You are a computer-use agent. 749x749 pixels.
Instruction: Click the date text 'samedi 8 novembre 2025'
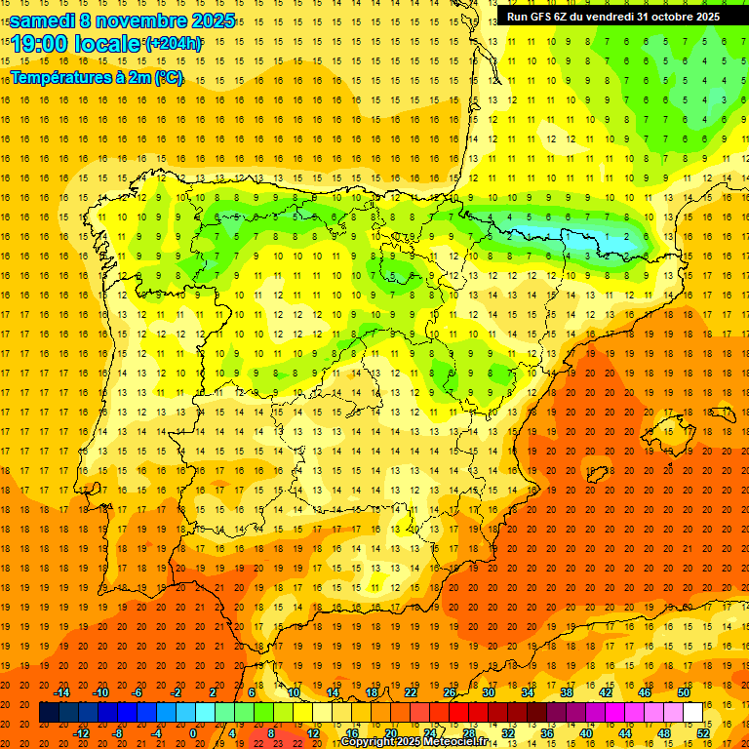pos(122,20)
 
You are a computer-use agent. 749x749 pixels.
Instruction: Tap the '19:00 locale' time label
pos(76,44)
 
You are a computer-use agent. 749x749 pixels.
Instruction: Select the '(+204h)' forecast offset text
pos(173,44)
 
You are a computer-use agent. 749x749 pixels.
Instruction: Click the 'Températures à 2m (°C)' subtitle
pos(97,77)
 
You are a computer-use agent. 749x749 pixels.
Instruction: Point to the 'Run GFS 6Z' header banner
pos(612,17)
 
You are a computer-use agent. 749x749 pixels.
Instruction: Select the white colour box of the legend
pos(692,712)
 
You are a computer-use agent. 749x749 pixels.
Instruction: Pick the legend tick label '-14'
pos(62,692)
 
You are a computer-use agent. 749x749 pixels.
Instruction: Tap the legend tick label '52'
pos(703,732)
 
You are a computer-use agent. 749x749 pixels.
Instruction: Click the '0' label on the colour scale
pos(193,732)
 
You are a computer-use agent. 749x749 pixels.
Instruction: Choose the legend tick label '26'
pos(450,692)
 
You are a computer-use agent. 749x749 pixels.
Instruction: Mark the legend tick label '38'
pos(567,692)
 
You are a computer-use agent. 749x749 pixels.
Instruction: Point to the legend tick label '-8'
pos(118,732)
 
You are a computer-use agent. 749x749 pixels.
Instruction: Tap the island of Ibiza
pos(597,473)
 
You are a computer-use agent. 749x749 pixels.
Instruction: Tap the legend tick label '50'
pos(683,692)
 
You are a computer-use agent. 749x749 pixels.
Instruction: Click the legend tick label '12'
pos(313,732)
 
